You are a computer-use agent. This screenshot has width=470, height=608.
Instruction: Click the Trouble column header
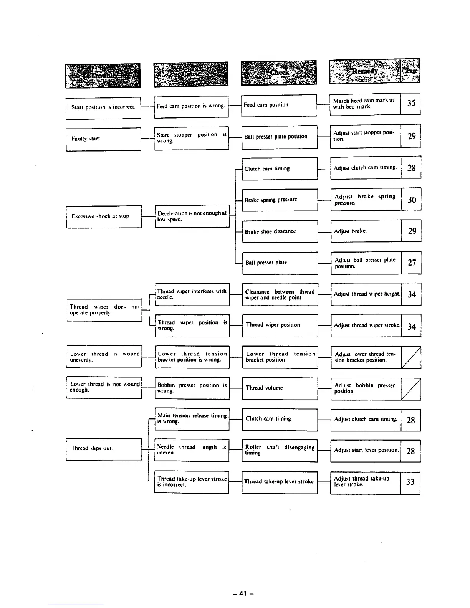pos(103,75)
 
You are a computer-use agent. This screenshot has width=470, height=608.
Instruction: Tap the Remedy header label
pos(365,71)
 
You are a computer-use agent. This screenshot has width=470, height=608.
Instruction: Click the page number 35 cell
pos(410,103)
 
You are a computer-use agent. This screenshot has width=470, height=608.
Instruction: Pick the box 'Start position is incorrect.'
pos(103,107)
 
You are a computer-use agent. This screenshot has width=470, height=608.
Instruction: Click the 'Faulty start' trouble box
pos(104,139)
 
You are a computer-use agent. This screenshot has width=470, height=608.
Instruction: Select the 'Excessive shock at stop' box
pos(104,216)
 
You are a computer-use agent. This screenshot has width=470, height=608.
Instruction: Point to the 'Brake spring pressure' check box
pos(280,200)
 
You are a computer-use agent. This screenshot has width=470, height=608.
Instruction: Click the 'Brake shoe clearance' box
pos(280,231)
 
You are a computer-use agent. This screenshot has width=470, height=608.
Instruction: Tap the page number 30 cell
pos(411,199)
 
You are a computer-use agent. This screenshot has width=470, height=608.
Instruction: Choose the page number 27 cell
pos(411,263)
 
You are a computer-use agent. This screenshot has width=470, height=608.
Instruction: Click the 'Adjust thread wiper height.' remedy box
pos(366,294)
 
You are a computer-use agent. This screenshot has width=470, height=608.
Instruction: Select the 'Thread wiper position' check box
pos(280,325)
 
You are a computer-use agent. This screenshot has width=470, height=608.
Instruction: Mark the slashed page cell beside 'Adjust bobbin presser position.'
pos(411,388)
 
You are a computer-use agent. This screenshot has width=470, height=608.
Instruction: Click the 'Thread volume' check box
pos(280,388)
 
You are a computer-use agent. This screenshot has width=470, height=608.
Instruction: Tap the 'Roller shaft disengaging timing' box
pos(280,451)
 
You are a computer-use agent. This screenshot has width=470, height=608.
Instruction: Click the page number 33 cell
pos(410,482)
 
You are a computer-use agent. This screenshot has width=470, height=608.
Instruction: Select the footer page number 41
pos(243,593)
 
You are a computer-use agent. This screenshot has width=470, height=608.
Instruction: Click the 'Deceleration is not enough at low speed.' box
pos(192,216)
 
